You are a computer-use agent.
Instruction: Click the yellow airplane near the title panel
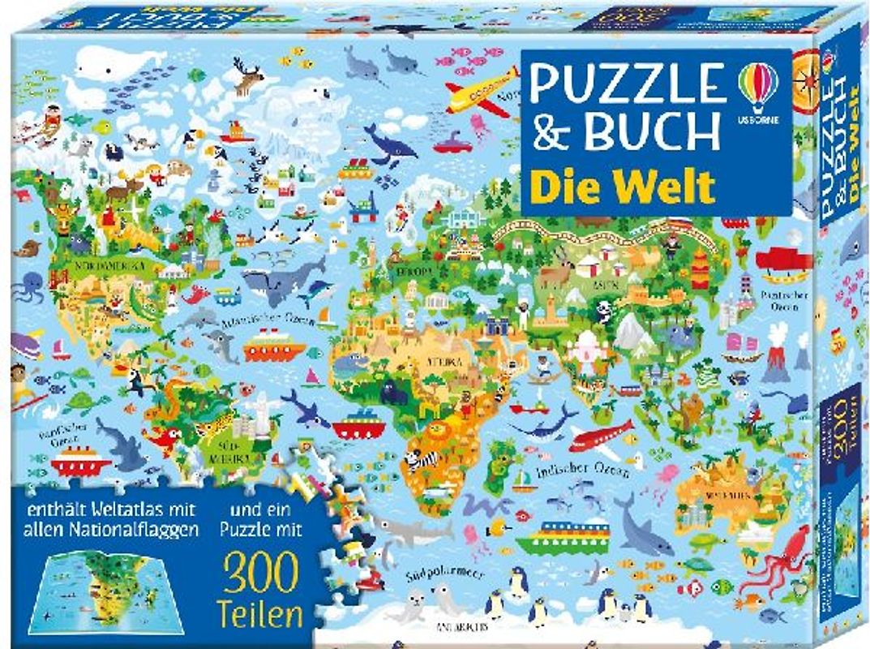(481, 91)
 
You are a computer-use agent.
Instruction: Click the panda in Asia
(604, 310)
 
